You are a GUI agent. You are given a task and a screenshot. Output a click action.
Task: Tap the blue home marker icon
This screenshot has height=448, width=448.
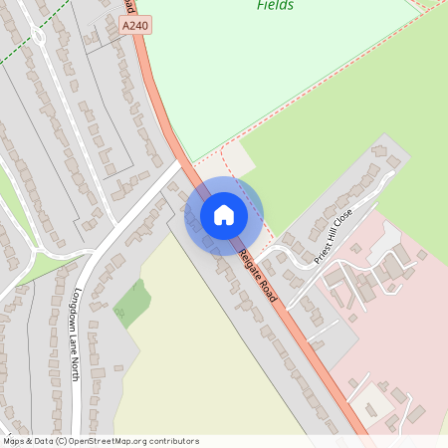[224, 215]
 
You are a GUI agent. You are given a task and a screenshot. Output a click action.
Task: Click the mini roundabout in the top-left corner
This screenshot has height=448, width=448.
[39, 38]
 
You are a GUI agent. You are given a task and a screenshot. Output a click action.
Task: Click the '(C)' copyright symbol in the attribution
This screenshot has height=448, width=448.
[61, 441]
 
